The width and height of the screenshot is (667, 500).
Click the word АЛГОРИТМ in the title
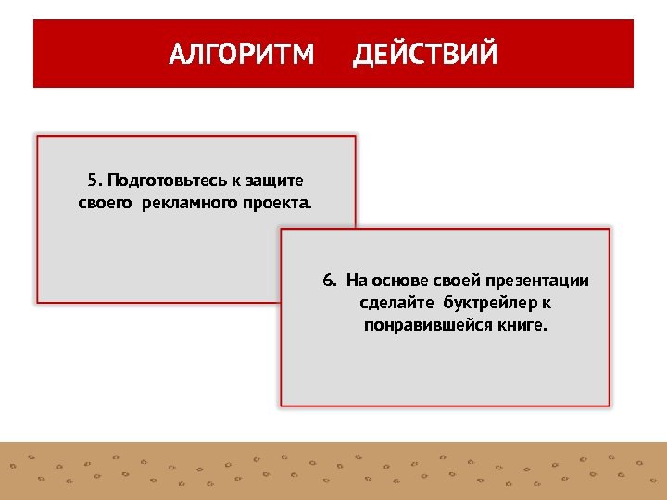point(242,55)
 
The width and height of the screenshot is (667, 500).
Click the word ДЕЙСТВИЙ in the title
point(425,55)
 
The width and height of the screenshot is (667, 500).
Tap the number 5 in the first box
point(92,179)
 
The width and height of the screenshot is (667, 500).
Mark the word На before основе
point(357,281)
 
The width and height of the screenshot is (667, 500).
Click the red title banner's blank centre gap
point(333,55)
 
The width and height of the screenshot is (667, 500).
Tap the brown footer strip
point(333,470)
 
